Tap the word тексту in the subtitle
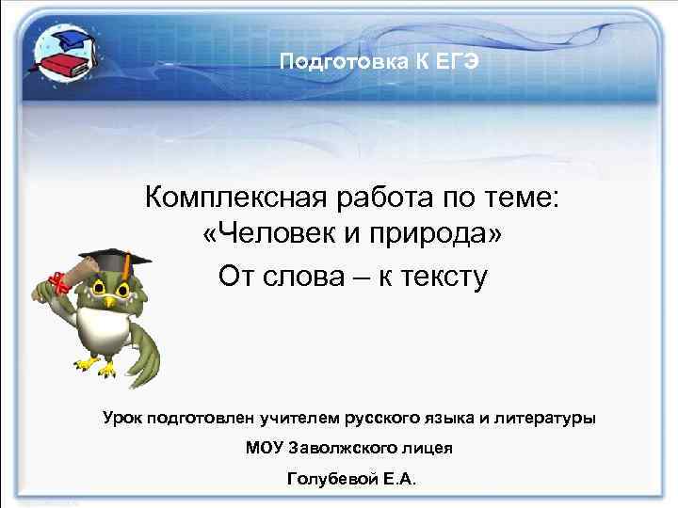(438, 278)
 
